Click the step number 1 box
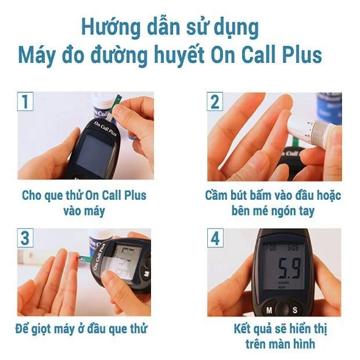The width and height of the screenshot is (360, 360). pos(25,102)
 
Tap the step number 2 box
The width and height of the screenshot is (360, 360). pos(215,102)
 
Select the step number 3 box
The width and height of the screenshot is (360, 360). pos(25,238)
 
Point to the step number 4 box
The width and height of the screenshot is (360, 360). pos(215,238)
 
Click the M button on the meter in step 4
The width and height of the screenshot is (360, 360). pos(269,310)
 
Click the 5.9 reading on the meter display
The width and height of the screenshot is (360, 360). pos(289,268)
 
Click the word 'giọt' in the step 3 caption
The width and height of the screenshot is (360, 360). pos(41,329)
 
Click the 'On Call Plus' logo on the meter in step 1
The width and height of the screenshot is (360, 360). pos(105,128)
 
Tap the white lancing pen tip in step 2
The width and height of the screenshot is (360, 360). pos(296,129)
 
